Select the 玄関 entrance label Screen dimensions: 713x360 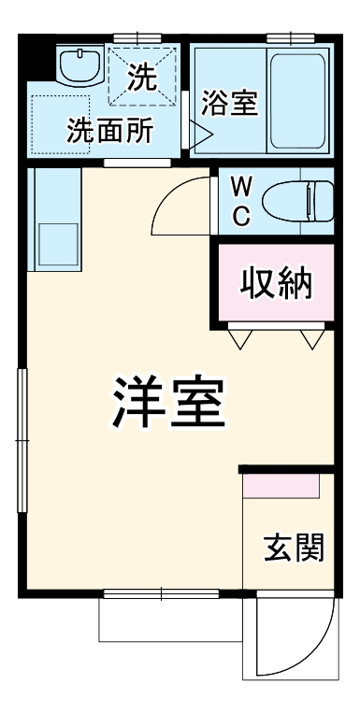coord(293,548)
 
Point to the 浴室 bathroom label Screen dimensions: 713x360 coord(228,102)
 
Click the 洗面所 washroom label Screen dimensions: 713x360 coord(109,131)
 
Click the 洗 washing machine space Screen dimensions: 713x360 coord(141,75)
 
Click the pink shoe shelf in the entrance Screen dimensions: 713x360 coord(281,486)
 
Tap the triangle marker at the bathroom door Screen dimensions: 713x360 coord(202,133)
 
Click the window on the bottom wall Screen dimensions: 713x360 coord(160,592)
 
